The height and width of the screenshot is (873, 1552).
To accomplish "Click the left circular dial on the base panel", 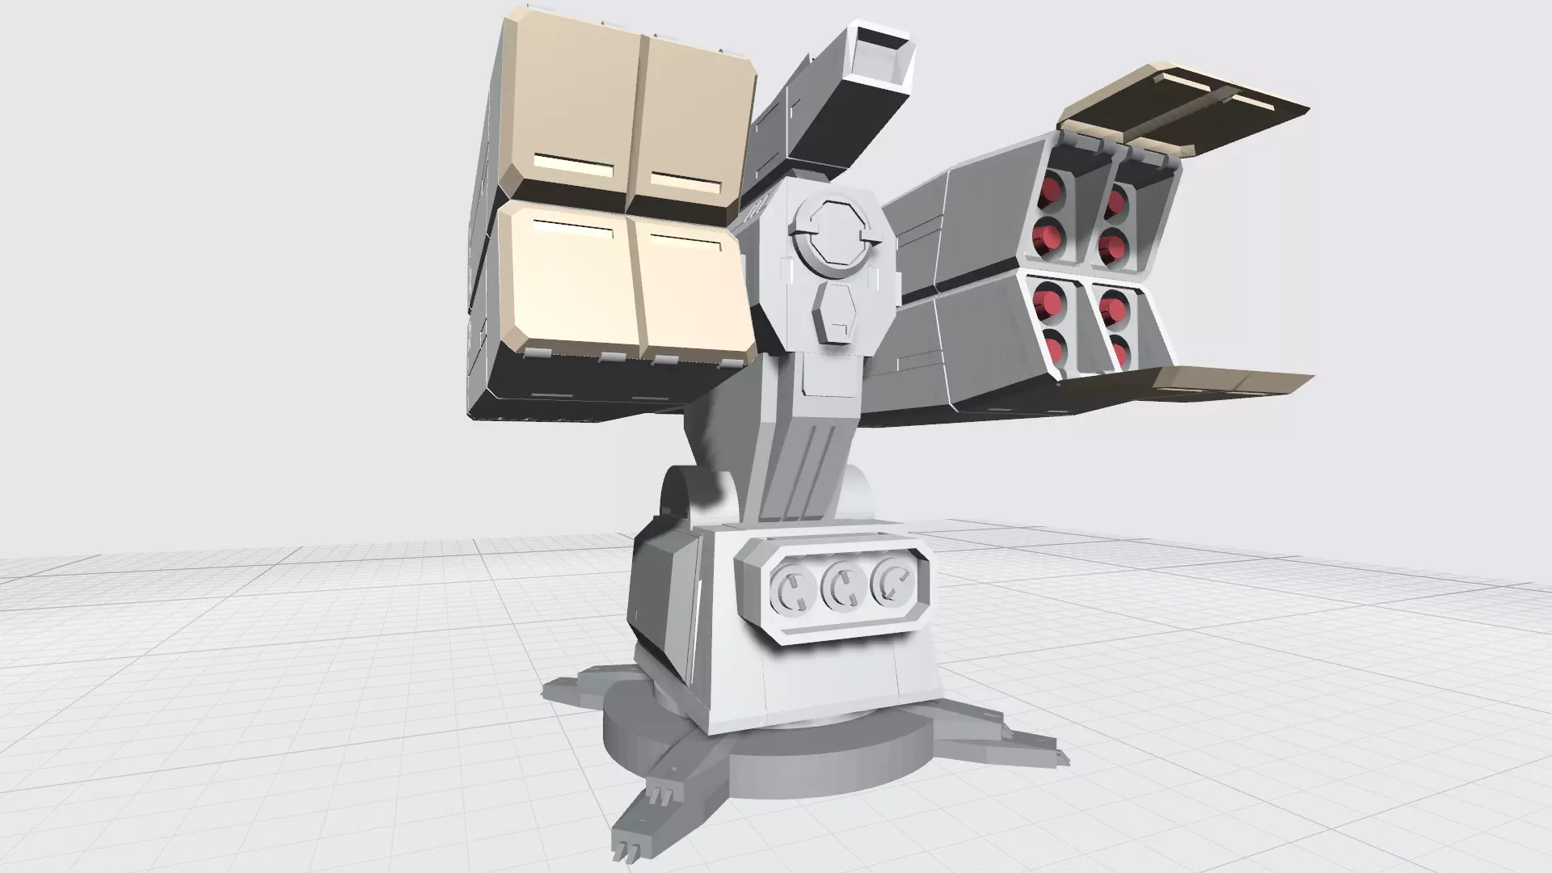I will (x=792, y=588).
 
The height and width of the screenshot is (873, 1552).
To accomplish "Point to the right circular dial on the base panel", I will (x=892, y=583).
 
